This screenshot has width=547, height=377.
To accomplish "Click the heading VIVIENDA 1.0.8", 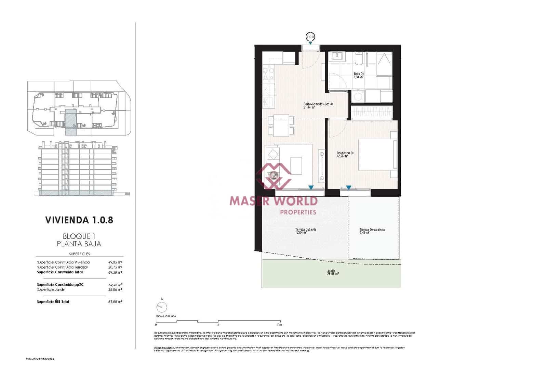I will coord(79,220).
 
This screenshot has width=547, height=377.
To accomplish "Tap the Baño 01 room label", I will coord(359,75).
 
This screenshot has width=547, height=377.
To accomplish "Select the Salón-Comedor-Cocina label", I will coord(318,105).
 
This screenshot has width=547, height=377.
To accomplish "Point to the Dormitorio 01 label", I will coord(345,154).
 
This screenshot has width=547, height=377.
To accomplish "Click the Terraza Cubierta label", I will coord(305,231).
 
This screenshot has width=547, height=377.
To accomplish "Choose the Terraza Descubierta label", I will coord(372,231).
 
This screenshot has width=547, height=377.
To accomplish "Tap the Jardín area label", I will coord(332,272).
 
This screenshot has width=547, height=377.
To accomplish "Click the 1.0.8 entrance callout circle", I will coord(310,36).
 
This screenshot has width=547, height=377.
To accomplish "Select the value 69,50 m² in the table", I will coord(115,272).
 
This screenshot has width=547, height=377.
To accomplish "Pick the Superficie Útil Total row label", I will coord(53,302).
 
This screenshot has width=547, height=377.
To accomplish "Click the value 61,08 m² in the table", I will coord(115,302).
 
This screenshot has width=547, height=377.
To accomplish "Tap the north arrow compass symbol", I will coord(162,307).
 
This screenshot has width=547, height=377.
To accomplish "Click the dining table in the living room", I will coord(281,126).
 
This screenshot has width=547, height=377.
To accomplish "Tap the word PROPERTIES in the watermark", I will coord(298,212).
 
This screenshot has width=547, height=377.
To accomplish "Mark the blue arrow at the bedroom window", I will coord(348,187).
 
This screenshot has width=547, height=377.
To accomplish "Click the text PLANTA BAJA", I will coord(79,244).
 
